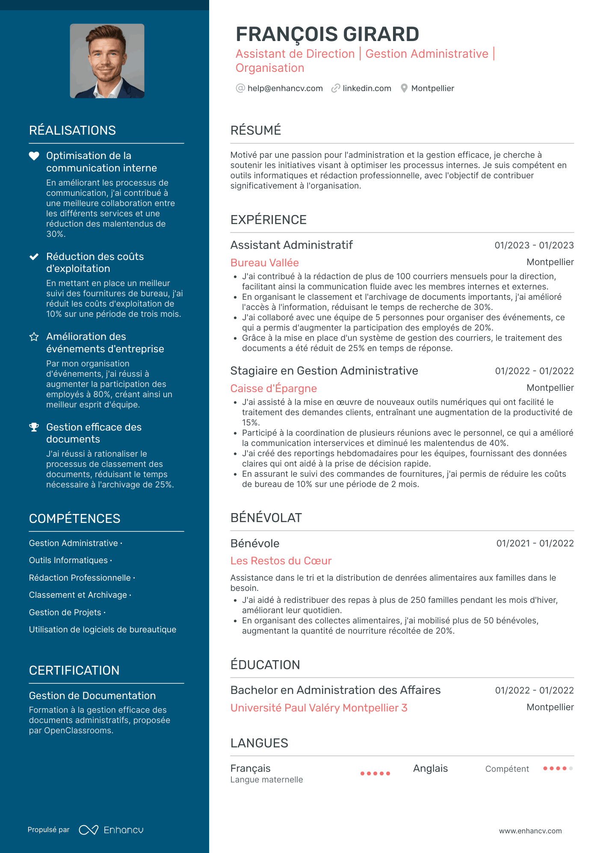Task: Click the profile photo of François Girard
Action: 107,61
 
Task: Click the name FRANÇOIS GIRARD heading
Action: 327,34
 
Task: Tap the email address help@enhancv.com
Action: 285,89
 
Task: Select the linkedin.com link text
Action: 367,89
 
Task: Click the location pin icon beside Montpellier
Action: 404,89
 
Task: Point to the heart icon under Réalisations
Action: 34,156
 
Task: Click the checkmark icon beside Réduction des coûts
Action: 34,257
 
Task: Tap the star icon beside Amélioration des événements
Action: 34,337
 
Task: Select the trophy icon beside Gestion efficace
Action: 34,427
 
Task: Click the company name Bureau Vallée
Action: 264,263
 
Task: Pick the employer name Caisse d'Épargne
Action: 273,389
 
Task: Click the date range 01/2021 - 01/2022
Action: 535,543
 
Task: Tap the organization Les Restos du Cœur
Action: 281,561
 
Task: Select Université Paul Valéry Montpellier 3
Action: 319,708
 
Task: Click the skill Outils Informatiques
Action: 68,561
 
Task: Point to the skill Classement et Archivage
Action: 78,595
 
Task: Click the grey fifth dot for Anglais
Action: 571,768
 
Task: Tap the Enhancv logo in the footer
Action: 111,830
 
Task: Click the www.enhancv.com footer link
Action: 530,831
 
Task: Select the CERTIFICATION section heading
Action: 74,670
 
